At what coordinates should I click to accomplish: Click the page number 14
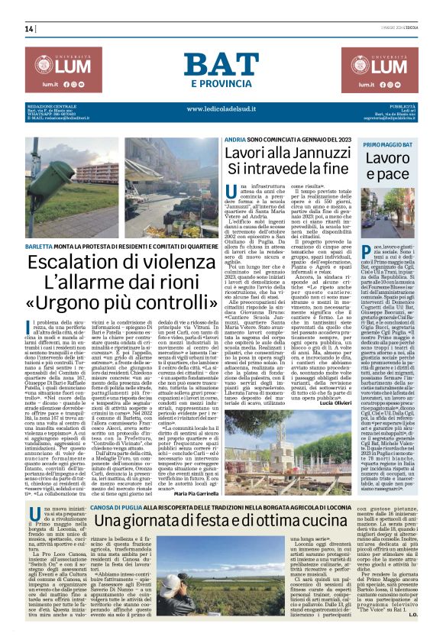coord(29,29)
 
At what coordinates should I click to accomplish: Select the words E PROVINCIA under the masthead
coord(221,82)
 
